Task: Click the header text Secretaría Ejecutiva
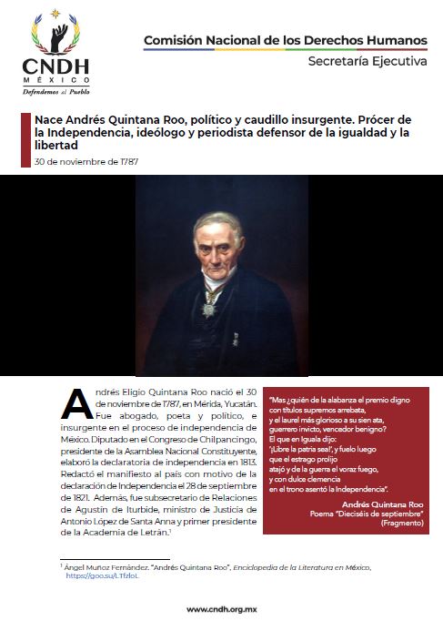pos(367,62)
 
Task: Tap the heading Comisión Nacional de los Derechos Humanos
pos(285,41)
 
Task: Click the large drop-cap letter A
pos(79,405)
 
